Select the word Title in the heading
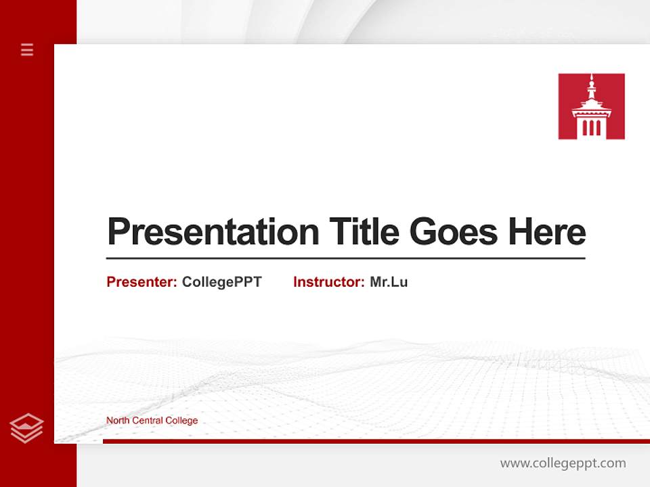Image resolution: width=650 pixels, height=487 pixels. coord(364,233)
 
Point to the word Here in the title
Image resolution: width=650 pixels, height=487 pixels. coord(547,233)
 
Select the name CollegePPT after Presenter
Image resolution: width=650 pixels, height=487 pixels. coord(221,282)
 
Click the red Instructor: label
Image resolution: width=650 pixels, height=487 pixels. coord(329,282)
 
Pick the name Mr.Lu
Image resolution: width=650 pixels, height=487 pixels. coord(389,282)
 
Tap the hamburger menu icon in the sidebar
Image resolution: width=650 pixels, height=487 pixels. coord(27,49)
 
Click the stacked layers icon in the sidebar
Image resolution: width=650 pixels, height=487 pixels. coord(27,428)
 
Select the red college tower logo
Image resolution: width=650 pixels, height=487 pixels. coord(591,106)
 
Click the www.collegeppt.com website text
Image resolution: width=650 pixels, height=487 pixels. coord(563,463)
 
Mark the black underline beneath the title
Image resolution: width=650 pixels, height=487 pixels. coord(345,258)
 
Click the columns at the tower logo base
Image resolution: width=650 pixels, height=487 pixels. coord(591,127)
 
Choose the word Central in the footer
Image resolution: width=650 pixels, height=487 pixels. coord(148,421)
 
